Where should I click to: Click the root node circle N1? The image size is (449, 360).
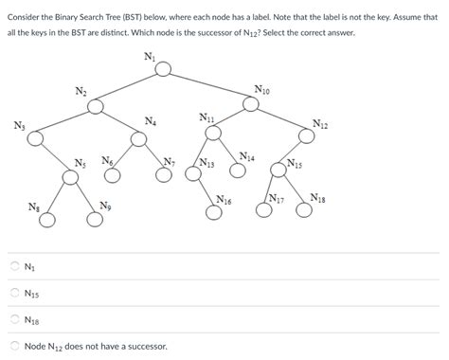pos(164,69)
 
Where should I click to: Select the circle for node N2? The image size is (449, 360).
pos(95,105)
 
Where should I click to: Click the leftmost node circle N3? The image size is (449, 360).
pos(35,139)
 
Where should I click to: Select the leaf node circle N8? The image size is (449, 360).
pos(47,219)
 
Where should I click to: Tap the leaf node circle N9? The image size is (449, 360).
pos(95,219)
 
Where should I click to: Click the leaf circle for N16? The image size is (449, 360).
pos(214,211)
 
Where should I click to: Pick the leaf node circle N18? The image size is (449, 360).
pos(303,210)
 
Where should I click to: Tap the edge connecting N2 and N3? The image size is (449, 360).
pos(64,122)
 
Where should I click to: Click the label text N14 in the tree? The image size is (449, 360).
pos(246,156)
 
